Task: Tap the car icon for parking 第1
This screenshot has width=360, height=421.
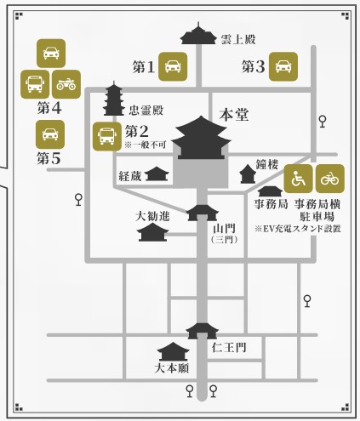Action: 173,66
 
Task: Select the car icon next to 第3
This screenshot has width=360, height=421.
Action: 283,66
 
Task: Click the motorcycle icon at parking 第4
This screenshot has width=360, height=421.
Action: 66,84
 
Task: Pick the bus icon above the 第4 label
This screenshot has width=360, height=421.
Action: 35,84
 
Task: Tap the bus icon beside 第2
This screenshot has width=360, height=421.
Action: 107,136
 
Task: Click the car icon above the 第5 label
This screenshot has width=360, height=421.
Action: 50,134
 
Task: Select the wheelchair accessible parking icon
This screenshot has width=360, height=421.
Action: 298,179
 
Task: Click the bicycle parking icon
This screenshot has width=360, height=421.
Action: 330,179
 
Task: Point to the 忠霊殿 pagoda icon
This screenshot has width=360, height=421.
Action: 114,99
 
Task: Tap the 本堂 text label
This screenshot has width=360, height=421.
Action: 234,115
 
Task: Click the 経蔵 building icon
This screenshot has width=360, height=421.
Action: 157,174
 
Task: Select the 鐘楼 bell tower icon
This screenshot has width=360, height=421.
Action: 248,174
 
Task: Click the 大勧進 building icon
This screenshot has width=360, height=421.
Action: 152,232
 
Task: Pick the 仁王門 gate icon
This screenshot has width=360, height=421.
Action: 202,331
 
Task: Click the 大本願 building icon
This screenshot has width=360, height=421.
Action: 174,351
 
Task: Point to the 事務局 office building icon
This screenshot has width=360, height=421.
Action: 271,191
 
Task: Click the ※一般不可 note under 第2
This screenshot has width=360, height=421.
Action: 146,145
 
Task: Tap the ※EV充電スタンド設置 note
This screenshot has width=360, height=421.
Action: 298,229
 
